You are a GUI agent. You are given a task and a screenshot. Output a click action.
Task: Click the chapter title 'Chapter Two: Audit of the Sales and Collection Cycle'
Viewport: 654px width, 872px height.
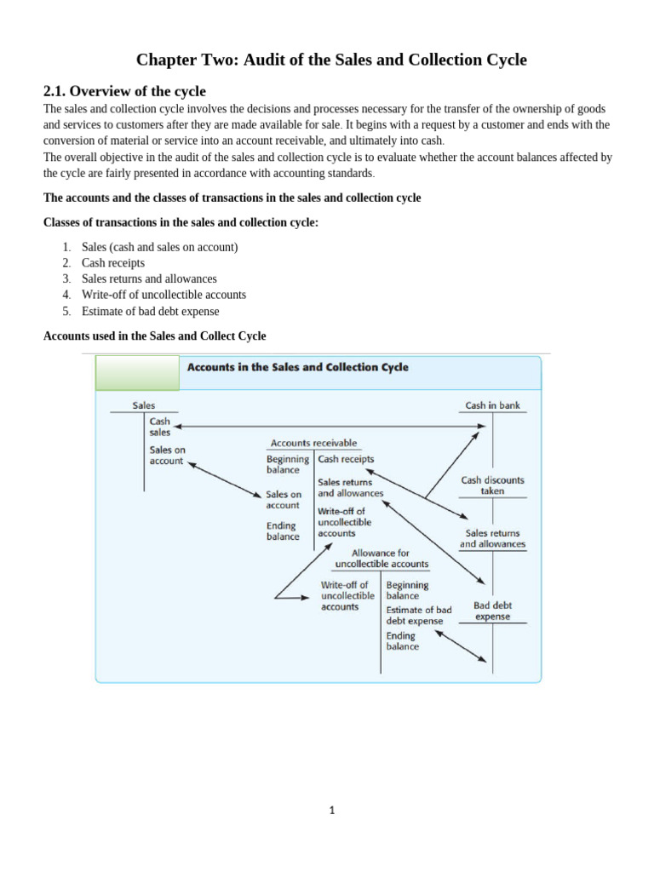tap(331, 60)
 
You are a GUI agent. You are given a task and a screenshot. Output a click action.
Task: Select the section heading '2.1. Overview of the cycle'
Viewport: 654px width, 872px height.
tap(124, 91)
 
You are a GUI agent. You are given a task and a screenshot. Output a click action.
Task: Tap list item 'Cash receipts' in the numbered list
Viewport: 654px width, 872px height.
tap(113, 263)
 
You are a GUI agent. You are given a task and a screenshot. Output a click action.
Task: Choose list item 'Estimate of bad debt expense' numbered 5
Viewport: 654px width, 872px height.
tap(150, 312)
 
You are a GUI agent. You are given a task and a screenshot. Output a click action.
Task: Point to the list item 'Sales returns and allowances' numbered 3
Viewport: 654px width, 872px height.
tap(149, 279)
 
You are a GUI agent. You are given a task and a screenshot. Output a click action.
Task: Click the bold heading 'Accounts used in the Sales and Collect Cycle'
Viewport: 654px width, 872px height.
tap(154, 336)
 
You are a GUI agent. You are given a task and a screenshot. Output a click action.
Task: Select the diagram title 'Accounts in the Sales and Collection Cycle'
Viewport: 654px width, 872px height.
tap(297, 368)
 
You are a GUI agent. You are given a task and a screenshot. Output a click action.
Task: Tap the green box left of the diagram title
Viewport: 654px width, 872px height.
tap(137, 373)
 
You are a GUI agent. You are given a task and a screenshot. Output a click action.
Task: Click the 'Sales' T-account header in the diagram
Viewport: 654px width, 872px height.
tap(144, 405)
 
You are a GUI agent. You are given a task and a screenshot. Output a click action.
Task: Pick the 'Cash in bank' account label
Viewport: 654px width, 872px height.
tap(492, 405)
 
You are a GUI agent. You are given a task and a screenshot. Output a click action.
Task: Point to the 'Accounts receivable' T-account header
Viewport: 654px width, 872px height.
tap(313, 443)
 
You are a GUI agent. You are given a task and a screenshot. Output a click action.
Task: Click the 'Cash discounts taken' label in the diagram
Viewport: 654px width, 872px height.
tap(492, 485)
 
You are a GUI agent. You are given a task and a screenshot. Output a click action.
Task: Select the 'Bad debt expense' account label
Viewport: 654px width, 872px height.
tap(492, 611)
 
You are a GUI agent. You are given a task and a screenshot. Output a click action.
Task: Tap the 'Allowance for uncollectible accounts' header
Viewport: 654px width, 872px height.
tap(381, 559)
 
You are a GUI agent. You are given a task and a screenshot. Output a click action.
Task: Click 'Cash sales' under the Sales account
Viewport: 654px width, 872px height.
tap(160, 427)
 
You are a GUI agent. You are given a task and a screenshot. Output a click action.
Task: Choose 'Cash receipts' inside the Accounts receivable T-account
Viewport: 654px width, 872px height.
tap(346, 459)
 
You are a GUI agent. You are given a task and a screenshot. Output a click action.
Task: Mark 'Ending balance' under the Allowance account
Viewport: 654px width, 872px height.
tap(403, 641)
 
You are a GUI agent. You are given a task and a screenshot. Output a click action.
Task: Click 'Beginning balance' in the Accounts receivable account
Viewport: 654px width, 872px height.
tap(288, 464)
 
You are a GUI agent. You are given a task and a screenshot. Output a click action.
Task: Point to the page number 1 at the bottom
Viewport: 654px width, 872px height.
tap(332, 811)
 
